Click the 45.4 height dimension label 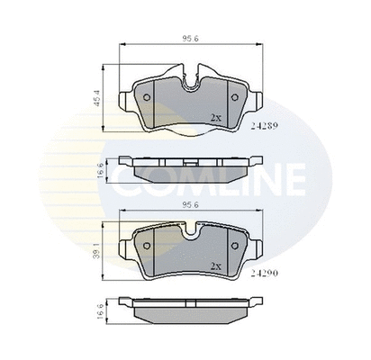point(95,98)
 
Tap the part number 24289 point(265,126)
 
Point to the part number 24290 point(265,274)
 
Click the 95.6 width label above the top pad point(191,39)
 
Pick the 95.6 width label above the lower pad point(191,205)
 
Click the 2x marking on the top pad point(215,118)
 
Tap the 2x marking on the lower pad point(215,265)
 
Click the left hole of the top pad point(147,97)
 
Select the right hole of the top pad point(235,97)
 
